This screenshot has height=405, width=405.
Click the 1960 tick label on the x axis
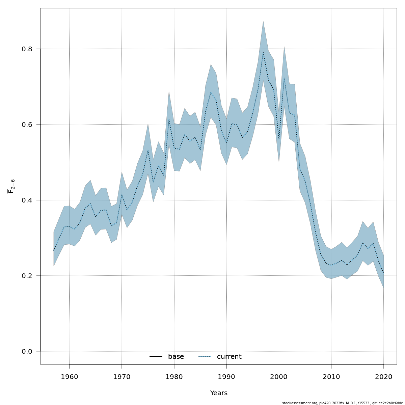point(69,377)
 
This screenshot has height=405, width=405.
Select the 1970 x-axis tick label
point(122,377)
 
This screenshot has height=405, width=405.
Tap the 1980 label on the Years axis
point(174,377)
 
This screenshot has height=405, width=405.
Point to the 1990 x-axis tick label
point(226,377)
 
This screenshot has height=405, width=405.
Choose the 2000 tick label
point(279,377)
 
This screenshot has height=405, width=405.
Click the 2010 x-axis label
point(331,377)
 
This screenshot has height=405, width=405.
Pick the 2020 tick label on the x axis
point(384,377)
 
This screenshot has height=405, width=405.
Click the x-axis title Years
point(219,393)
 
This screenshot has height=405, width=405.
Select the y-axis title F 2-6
point(11,186)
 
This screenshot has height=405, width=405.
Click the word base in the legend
point(176,357)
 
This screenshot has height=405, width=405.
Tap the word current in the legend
point(229,357)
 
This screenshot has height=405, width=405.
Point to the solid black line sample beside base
point(156,357)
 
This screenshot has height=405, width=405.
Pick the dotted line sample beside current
point(205,357)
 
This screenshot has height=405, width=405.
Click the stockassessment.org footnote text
point(342,403)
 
